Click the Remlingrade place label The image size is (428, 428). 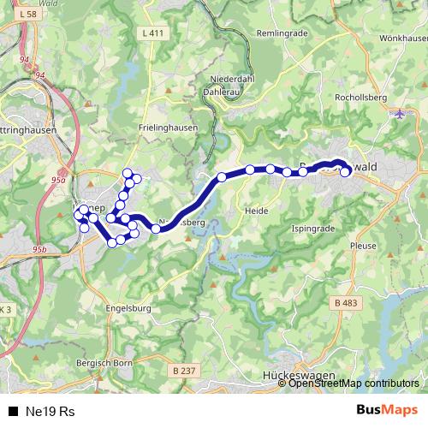pyautogui.click(x=281, y=33)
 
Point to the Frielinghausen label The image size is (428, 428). pyautogui.click(x=167, y=128)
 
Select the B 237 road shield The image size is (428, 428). pyautogui.click(x=184, y=370)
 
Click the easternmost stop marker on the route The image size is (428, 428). pyautogui.click(x=345, y=172)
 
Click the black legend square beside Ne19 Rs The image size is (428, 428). pyautogui.click(x=13, y=411)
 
